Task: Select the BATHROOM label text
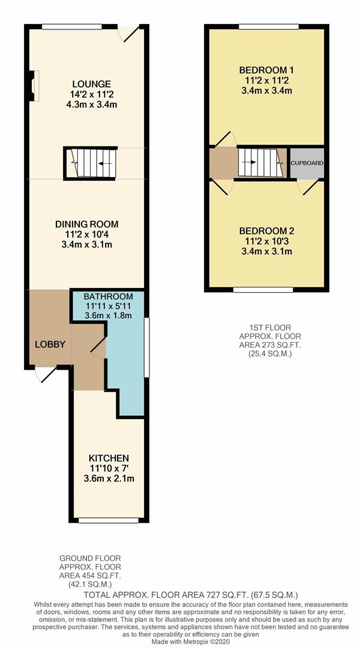click(108, 296)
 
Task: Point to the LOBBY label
click(50, 344)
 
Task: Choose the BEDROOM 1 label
click(267, 70)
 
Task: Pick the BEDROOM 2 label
click(266, 231)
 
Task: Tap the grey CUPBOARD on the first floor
click(307, 163)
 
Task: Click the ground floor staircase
click(90, 163)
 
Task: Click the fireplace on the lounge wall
click(33, 85)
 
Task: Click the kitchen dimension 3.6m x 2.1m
click(108, 479)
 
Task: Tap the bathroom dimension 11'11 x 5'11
click(108, 306)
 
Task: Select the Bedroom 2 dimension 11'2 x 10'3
click(266, 241)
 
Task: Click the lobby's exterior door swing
click(45, 374)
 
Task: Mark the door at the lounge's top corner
click(129, 34)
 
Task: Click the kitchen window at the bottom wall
click(109, 520)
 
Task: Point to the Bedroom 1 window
click(268, 26)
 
